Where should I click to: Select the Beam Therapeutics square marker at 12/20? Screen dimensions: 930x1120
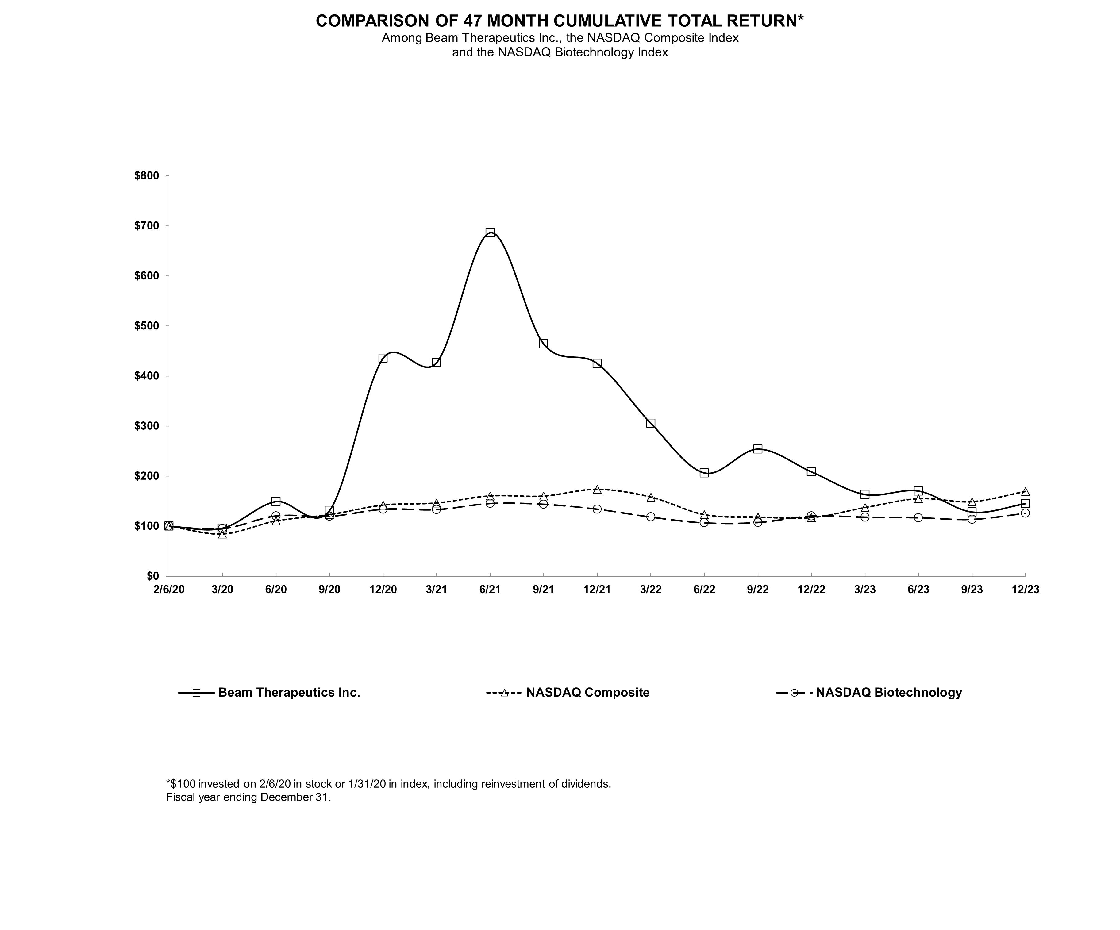click(383, 358)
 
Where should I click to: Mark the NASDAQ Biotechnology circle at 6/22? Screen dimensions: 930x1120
click(704, 523)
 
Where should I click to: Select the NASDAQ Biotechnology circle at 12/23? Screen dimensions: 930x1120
click(1025, 513)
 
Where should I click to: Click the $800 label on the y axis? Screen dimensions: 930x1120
click(147, 176)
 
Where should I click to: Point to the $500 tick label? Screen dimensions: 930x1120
click(147, 326)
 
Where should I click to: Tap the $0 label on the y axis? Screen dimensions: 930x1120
click(153, 576)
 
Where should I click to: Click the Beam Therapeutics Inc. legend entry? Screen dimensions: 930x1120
click(289, 693)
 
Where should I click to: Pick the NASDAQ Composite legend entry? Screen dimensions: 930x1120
click(588, 693)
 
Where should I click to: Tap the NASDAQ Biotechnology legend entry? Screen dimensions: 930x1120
click(888, 693)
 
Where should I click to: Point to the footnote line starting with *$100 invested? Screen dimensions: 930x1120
click(388, 784)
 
